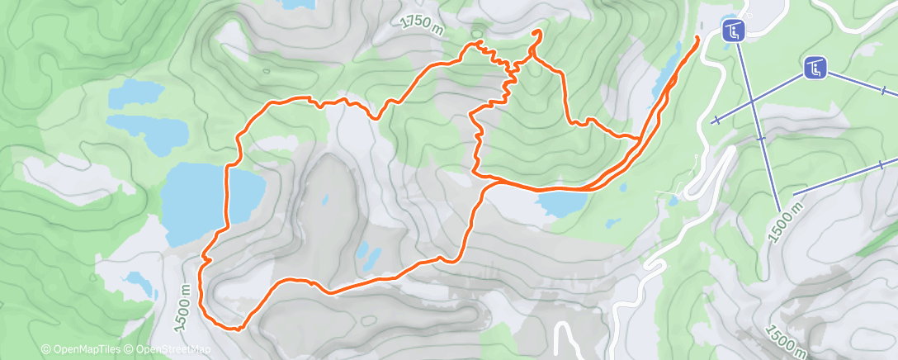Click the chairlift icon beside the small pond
pyautogui.click(x=732, y=32)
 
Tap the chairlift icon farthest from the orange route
pyautogui.click(x=815, y=69)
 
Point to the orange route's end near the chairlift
pyautogui.click(x=698, y=37)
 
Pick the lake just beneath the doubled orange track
pyautogui.click(x=556, y=201)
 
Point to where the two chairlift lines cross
pyautogui.click(x=752, y=103)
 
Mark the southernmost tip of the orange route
pyautogui.click(x=237, y=329)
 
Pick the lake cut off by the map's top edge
pyautogui.click(x=298, y=4)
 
